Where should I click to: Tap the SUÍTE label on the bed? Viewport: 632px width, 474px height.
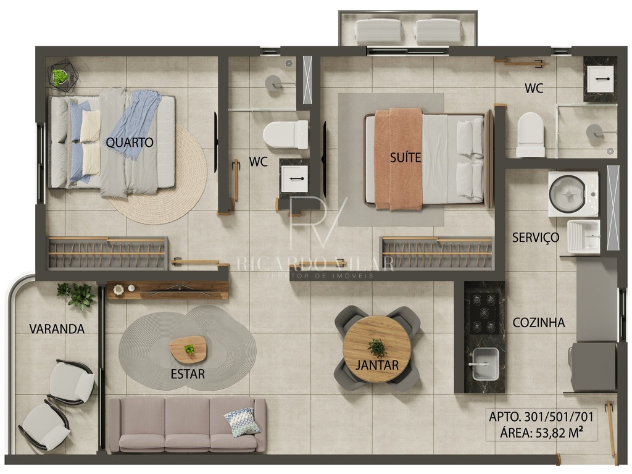pos(405,157)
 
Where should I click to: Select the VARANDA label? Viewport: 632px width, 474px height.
pos(57,329)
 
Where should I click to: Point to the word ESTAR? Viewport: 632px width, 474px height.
pos(188,374)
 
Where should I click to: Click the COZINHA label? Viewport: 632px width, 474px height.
pos(538,322)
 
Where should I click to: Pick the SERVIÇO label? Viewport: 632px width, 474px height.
pos(536,238)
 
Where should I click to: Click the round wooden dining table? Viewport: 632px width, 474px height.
pos(377,349)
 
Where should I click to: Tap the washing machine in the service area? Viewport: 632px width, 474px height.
pos(573,194)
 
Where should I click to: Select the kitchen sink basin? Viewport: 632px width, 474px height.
pos(485,364)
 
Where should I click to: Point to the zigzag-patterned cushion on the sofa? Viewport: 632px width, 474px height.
pos(242,422)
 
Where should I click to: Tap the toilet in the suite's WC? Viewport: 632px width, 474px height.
pos(530,135)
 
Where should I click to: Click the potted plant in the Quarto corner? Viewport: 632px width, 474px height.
pos(60,76)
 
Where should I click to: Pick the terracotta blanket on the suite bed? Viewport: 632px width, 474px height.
pos(398,159)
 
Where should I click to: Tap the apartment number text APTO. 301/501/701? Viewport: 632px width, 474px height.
pos(541,417)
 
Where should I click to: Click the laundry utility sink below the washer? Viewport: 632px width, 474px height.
pos(583,236)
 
